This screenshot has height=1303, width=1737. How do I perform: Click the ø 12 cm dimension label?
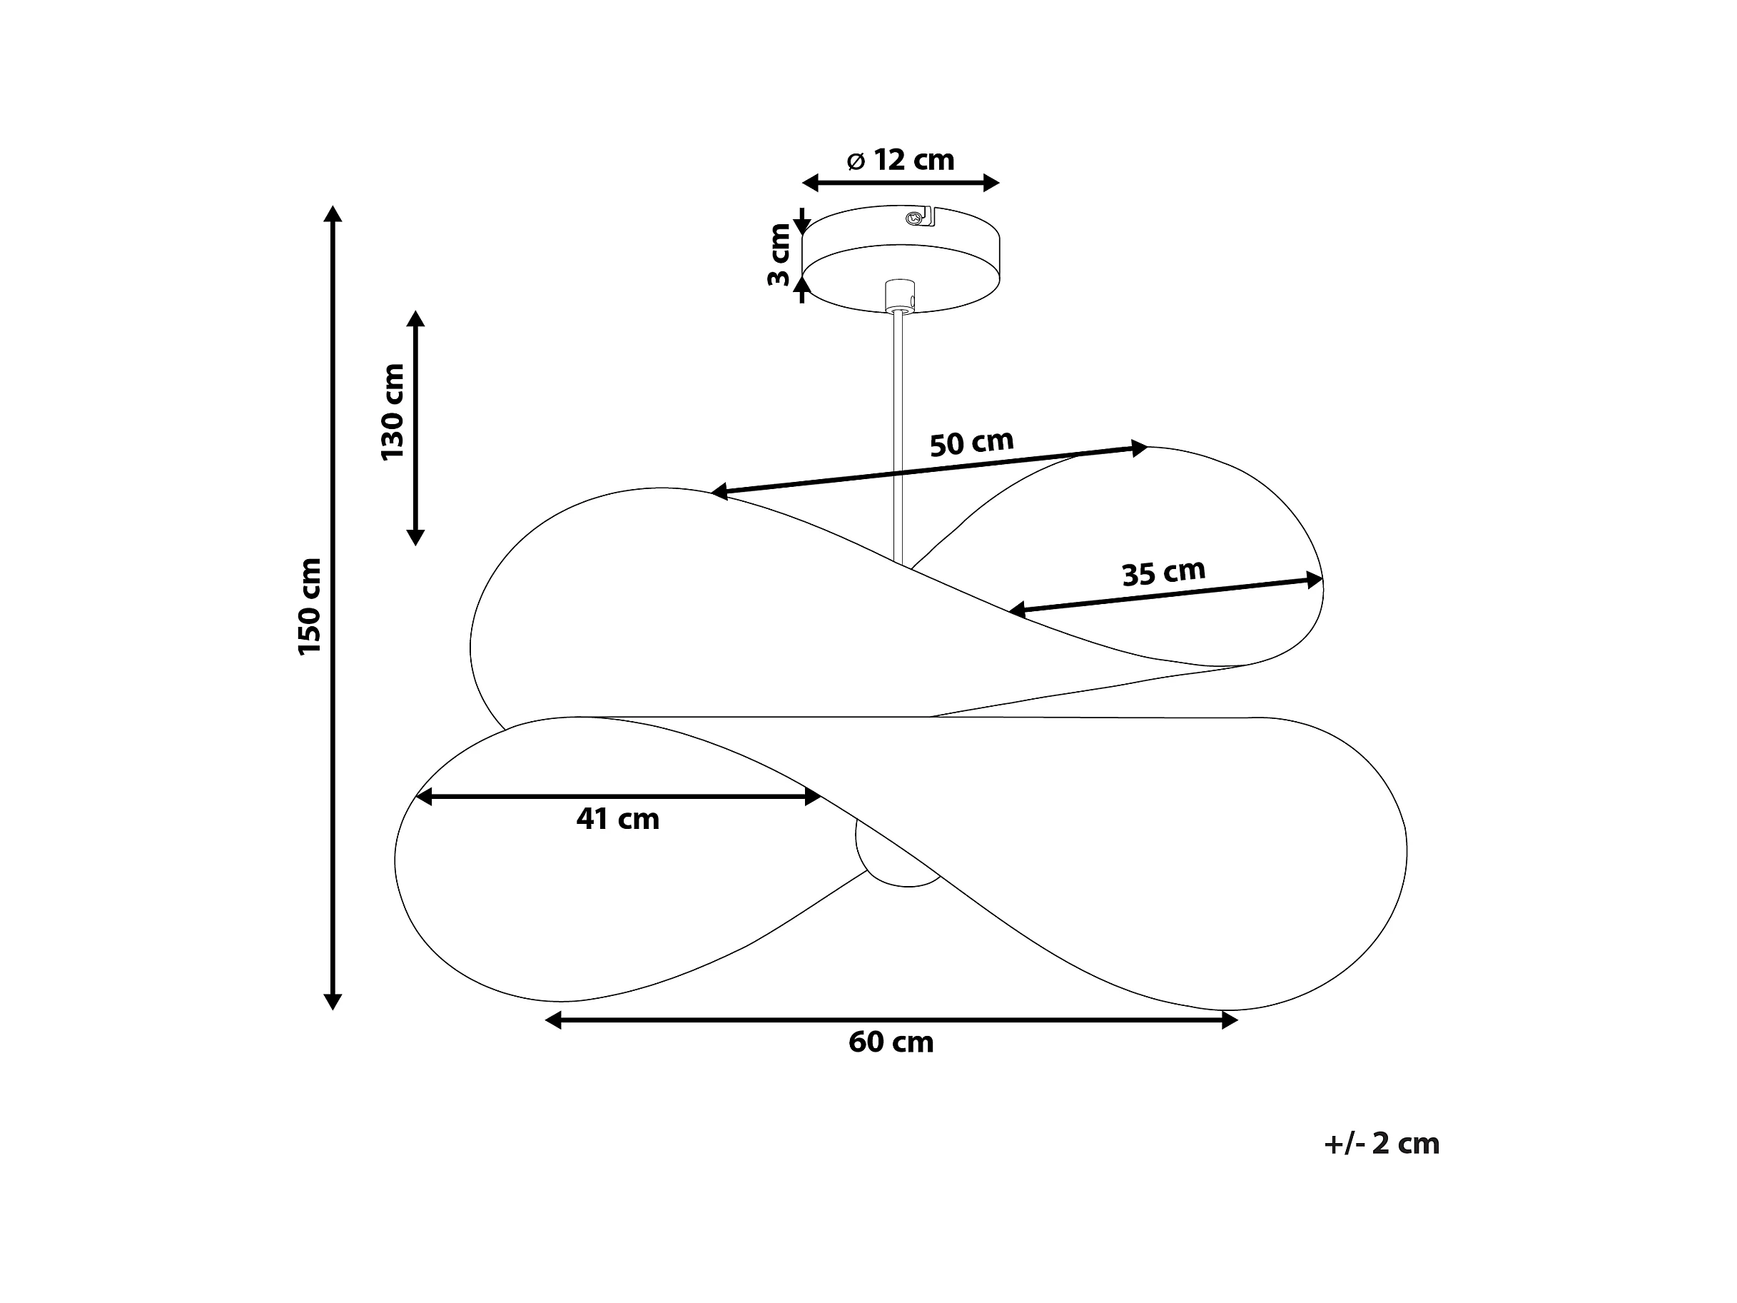point(901,160)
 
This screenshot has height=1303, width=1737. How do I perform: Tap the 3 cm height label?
point(779,256)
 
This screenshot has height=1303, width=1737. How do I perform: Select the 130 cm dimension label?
point(392,413)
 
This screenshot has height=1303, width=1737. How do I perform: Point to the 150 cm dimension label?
point(310,606)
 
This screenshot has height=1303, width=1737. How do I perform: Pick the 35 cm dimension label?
point(1164,573)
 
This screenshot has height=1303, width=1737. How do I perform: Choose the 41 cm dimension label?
point(618,819)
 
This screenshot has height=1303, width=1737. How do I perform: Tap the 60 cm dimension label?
point(891,1042)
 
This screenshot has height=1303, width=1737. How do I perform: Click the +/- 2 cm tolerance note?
point(1382,1144)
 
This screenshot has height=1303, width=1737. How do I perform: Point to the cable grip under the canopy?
point(900,295)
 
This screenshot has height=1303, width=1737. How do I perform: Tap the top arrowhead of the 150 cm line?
point(333,213)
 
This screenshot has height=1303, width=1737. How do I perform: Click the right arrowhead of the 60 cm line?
point(1230,1020)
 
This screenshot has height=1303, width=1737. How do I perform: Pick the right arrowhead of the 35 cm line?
point(1315,580)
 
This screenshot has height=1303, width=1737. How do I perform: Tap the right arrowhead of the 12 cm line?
point(991,183)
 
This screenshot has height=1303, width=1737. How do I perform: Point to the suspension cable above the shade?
point(898,437)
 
